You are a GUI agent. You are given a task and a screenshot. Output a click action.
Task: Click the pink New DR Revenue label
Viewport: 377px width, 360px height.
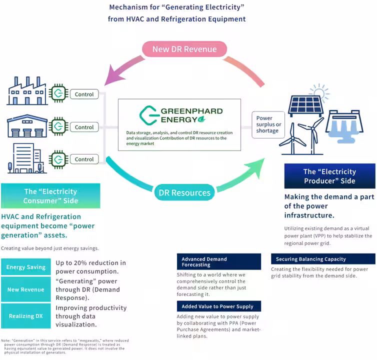click(184, 49)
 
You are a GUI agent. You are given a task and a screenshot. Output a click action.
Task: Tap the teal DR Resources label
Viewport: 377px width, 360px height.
click(184, 192)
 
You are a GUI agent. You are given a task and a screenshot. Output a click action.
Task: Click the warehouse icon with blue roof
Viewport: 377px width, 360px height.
click(27, 126)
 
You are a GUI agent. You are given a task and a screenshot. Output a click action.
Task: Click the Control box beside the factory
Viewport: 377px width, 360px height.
click(84, 94)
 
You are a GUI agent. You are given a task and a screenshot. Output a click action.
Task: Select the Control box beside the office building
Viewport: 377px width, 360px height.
click(84, 159)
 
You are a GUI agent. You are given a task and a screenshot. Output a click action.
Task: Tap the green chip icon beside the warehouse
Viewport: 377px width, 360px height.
click(58, 126)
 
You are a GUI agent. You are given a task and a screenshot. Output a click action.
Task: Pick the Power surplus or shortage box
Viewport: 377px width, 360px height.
click(268, 125)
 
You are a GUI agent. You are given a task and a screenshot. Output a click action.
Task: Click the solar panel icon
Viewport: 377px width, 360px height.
click(306, 104)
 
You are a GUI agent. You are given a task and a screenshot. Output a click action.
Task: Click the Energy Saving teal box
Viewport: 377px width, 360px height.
click(25, 267)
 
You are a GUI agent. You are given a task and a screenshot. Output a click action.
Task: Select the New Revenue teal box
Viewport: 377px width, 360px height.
click(25, 289)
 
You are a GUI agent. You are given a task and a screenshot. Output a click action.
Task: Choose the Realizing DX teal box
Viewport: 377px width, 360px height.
click(25, 316)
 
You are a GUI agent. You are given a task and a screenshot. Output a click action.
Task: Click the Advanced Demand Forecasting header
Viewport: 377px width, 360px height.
click(218, 262)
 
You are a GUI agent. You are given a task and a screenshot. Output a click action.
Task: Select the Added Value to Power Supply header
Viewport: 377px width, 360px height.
click(218, 306)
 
